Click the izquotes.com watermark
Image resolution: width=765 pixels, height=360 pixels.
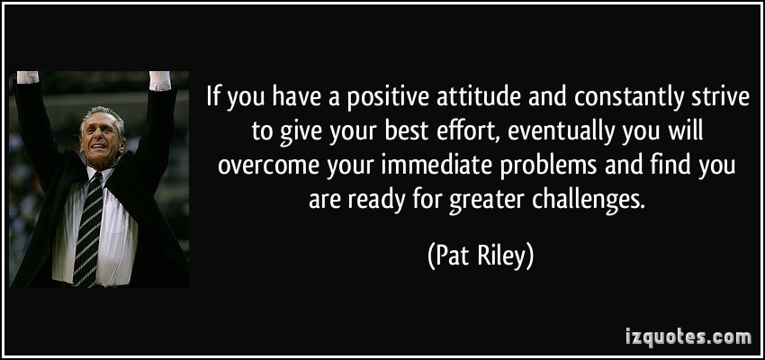688,337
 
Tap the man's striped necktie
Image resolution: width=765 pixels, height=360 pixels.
88,229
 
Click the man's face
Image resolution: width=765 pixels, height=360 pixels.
103,138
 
